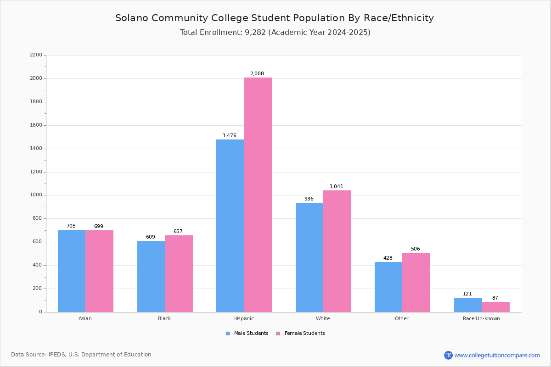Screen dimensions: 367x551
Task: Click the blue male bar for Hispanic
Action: tap(230, 226)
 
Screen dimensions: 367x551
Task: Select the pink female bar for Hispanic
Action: tap(258, 195)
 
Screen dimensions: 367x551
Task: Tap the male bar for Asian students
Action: tap(72, 271)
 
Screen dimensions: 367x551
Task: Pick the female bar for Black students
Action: tap(179, 273)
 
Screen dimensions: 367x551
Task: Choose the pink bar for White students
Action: tap(337, 251)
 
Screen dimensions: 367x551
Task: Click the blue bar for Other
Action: tap(388, 287)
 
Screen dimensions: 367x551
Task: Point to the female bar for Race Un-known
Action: tap(495, 307)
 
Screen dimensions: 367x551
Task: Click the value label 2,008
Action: tap(257, 74)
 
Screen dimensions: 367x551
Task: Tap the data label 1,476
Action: tap(230, 136)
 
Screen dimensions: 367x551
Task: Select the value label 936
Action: tap(309, 199)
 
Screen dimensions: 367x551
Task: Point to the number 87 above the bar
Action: tap(495, 298)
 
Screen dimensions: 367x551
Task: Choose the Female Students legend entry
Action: tap(301, 334)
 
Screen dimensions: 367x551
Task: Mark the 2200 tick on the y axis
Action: tap(36, 55)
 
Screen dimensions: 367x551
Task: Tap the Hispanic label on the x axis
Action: tap(243, 318)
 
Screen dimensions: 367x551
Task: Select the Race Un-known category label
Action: tap(481, 318)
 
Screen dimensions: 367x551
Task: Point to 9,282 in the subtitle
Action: tap(252, 33)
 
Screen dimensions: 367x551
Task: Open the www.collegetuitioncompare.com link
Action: tap(497, 355)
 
